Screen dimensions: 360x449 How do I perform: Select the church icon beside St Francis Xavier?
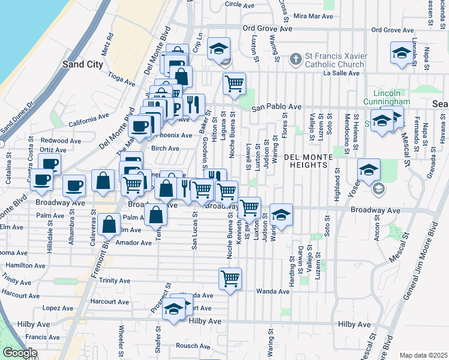[x=295, y=59]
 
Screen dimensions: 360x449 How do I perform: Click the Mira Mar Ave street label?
[x=313, y=16]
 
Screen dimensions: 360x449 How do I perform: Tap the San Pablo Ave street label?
[x=276, y=107]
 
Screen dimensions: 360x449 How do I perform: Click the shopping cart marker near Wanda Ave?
[x=230, y=278]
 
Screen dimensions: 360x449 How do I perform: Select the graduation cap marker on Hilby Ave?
[x=174, y=310]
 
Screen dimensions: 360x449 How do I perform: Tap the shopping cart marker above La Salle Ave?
[x=234, y=83]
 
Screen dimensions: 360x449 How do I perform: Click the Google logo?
[x=19, y=353]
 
